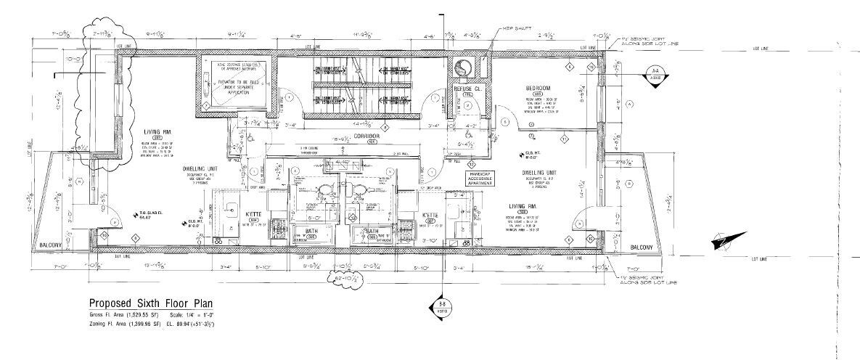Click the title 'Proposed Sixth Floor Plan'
point(151,303)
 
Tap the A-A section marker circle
point(655,75)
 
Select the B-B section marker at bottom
point(442,306)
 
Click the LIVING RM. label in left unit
point(156,131)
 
